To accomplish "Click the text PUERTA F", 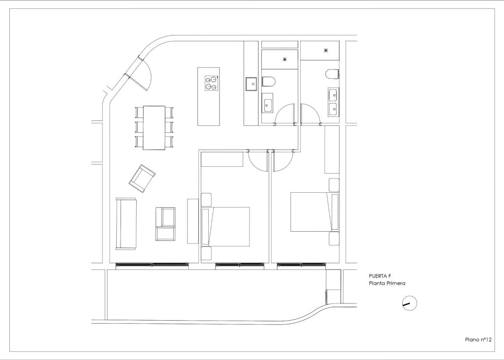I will click(x=379, y=276).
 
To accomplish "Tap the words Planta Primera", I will click(x=386, y=284).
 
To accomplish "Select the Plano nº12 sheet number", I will click(x=479, y=339).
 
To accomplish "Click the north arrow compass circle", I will click(x=409, y=303).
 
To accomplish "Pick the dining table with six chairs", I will click(x=155, y=127).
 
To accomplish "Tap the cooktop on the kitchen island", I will click(x=212, y=82).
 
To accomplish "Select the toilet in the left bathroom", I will click(x=270, y=82).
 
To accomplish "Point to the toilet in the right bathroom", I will click(x=332, y=74).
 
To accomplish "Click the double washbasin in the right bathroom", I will click(x=332, y=101).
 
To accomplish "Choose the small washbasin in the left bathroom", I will click(x=269, y=104).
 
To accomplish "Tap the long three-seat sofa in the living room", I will click(x=126, y=223).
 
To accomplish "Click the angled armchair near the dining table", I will click(x=142, y=178).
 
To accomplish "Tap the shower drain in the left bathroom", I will click(x=284, y=59).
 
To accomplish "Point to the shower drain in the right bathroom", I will click(x=326, y=50).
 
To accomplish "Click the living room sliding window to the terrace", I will click(x=152, y=265).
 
